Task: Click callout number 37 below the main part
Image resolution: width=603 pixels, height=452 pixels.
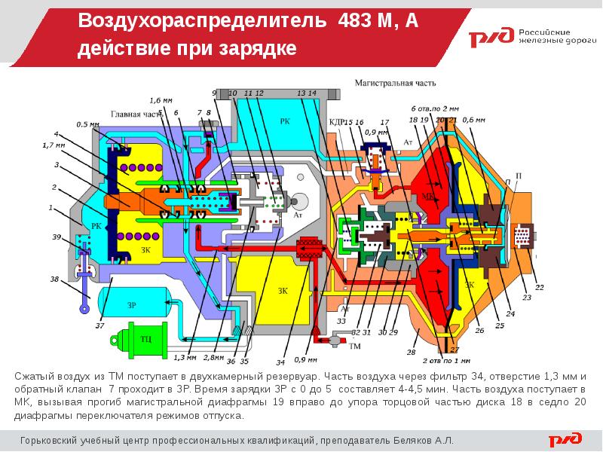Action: click(99, 325)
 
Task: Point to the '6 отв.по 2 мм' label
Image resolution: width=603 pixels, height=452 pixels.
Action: click(435, 108)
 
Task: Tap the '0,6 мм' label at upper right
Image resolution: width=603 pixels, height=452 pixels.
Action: click(473, 120)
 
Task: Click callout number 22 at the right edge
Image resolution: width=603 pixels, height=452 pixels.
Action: click(539, 287)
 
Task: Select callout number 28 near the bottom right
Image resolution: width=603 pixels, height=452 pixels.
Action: click(411, 352)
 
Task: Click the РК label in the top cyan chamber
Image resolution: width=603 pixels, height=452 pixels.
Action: click(284, 121)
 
